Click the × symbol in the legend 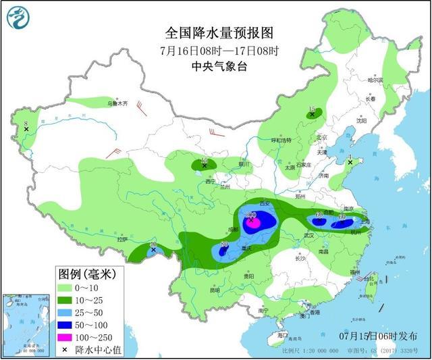click(x=65, y=349)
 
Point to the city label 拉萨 click(x=122, y=239)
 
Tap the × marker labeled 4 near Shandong click(x=350, y=162)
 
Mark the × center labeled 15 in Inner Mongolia click(x=311, y=115)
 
